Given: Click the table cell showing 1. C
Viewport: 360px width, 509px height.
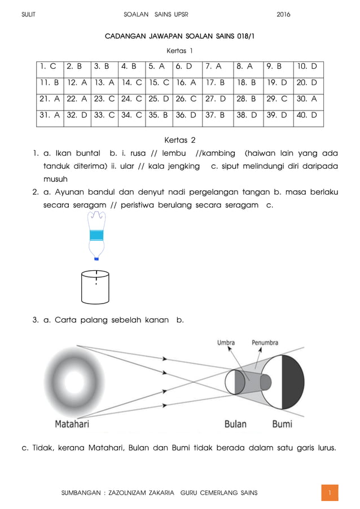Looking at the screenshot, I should click(49, 67).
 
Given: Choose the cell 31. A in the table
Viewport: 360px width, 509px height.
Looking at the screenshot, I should click(49, 117).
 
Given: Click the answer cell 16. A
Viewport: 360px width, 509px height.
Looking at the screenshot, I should click(186, 84).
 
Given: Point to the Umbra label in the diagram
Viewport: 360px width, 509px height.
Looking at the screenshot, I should click(226, 343).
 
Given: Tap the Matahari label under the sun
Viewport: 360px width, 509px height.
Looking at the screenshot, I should click(72, 423).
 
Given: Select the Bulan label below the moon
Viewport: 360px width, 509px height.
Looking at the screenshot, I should click(236, 423).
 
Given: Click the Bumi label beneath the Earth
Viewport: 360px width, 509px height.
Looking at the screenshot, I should click(282, 423).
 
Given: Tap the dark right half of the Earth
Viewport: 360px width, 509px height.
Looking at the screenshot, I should click(293, 382).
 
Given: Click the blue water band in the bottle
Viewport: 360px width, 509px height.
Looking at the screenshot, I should click(96, 235).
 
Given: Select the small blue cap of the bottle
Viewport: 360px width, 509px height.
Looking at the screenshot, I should click(96, 258).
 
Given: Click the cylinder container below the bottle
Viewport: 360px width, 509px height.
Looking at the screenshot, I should click(95, 287).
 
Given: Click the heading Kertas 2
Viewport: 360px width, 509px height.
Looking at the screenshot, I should click(179, 139).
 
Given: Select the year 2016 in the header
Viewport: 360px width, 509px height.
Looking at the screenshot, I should click(283, 14).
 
